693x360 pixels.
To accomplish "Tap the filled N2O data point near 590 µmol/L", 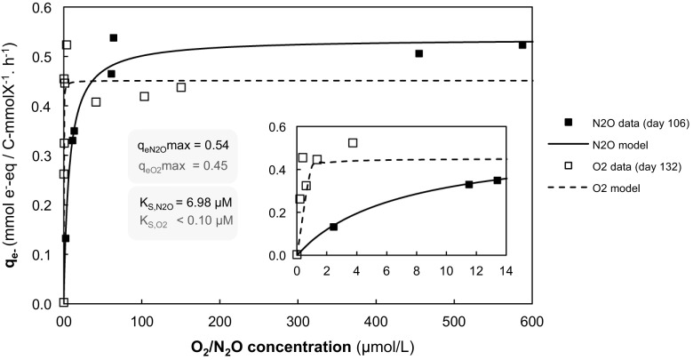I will pyautogui.click(x=522, y=45).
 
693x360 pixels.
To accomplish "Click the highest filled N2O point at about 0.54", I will pyautogui.click(x=114, y=38).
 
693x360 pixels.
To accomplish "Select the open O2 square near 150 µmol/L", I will pyautogui.click(x=181, y=87).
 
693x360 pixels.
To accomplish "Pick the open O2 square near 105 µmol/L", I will pyautogui.click(x=145, y=96).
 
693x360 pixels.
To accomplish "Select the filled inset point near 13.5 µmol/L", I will pyautogui.click(x=498, y=180).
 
